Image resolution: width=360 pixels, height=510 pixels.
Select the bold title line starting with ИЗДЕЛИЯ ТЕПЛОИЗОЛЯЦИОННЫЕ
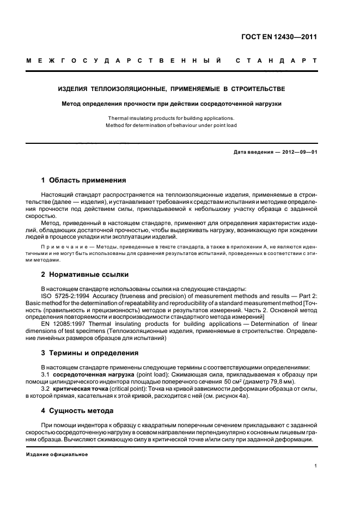pos(172,88)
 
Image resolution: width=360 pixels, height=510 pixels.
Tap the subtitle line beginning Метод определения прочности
pos(172,104)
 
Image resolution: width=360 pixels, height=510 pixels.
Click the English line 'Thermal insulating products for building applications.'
pos(171,118)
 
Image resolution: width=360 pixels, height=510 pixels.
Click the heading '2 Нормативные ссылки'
pos(84,275)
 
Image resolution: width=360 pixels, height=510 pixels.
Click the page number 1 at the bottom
pos(315,466)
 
